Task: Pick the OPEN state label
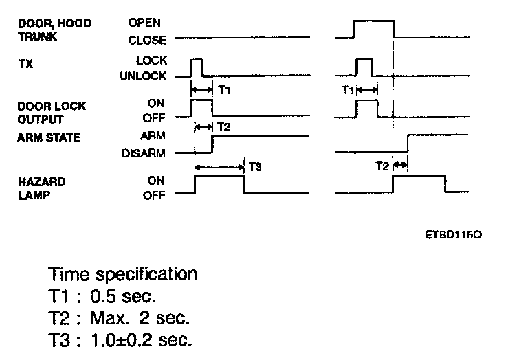point(144,23)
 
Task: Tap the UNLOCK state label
point(142,76)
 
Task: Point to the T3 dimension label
point(254,167)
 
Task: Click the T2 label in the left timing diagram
point(224,127)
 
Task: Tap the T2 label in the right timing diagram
point(382,166)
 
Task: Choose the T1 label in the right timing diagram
point(348,90)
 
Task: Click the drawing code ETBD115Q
point(453,234)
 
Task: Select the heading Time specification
point(124,274)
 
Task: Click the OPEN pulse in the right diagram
point(373,21)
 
